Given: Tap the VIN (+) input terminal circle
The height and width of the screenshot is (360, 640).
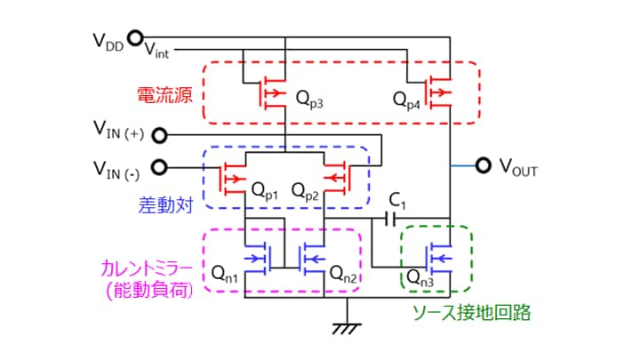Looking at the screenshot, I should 161,135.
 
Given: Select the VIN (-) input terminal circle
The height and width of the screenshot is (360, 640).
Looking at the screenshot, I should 161,166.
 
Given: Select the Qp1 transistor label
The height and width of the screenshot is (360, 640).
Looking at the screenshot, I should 265,190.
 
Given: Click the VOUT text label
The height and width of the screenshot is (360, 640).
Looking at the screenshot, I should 519,167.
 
